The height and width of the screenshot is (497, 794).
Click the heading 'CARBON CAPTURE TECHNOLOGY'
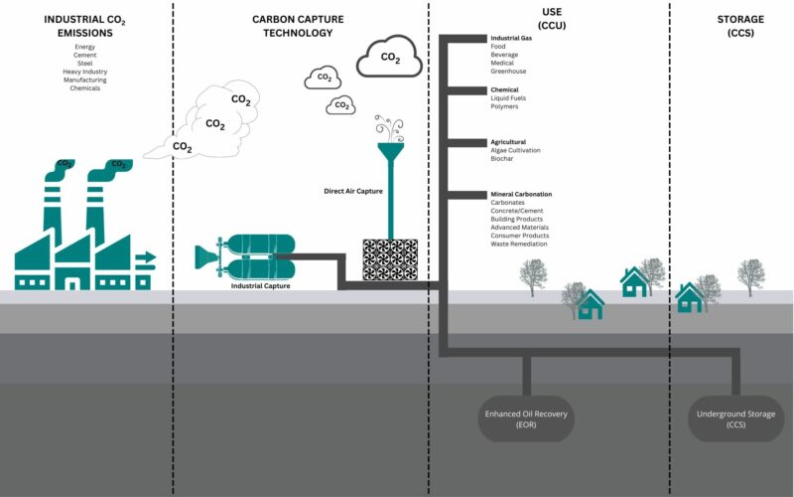coord(300,25)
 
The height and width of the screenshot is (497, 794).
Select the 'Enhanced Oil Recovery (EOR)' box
coord(525,418)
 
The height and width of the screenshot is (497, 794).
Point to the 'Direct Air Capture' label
coord(353,190)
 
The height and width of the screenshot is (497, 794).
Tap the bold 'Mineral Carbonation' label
coord(521,194)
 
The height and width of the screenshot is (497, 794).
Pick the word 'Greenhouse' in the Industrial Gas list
coord(510,72)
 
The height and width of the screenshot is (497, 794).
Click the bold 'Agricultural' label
coord(508,142)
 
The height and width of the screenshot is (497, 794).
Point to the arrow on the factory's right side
coord(146,258)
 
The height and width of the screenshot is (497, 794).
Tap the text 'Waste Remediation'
coord(519,244)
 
